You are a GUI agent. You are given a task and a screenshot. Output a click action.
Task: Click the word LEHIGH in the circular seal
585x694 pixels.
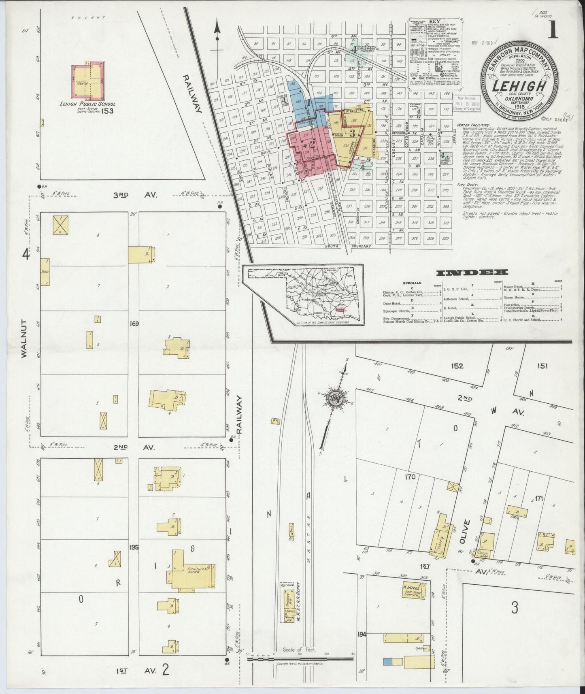[518, 86]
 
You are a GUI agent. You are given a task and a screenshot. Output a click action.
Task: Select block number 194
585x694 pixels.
[362, 634]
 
